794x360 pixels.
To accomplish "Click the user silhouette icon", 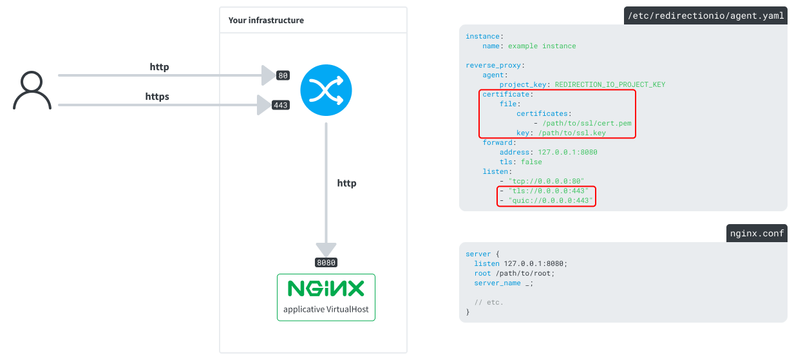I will [32, 90].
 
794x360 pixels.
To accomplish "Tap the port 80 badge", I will [283, 75].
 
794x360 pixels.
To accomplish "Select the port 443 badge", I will [280, 105].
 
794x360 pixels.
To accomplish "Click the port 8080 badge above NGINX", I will [326, 263].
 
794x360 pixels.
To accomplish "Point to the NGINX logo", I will [326, 289].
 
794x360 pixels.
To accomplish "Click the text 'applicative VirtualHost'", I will [326, 309].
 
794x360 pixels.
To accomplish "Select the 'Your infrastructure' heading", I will [266, 21].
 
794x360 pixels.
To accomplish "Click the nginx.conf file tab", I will [756, 233].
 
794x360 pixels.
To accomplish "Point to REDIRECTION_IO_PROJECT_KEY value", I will [610, 84].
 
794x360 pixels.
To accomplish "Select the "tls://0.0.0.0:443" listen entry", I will [548, 191].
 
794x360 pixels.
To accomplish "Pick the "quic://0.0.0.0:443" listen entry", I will [550, 201].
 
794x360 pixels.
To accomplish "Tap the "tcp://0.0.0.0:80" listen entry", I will [545, 182].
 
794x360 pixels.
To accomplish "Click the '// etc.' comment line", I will [489, 302].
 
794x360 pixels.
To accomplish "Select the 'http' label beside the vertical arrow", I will [346, 184].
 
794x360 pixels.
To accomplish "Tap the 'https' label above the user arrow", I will [157, 97].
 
